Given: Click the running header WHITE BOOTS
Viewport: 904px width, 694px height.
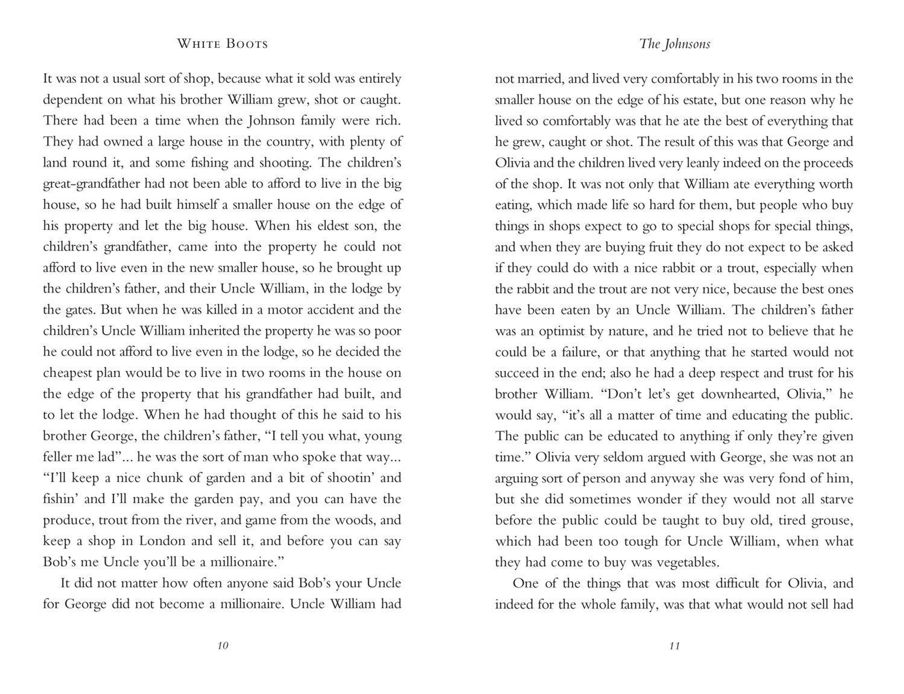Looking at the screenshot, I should click(223, 44).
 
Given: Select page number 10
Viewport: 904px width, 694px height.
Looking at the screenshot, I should click(223, 645).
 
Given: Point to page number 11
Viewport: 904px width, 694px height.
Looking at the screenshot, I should click(674, 645).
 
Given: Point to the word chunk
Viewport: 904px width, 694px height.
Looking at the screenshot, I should click(160, 478).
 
